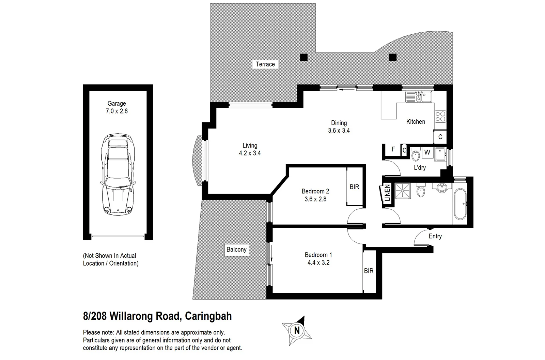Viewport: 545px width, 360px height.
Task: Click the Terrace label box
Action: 265,64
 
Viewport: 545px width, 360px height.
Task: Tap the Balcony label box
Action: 236,250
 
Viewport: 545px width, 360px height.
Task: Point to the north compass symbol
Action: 297,330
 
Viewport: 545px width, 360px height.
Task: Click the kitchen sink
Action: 419,97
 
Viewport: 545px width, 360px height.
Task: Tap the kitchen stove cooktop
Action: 440,117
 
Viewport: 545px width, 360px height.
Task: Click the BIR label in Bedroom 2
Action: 354,187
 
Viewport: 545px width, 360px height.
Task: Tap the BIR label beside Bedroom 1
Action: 369,271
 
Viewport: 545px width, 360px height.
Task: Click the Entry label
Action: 435,236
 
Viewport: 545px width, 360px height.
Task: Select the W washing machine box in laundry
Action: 427,152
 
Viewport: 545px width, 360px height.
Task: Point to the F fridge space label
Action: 393,149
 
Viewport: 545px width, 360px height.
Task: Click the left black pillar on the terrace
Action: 304,57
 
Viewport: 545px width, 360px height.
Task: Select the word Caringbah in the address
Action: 208,316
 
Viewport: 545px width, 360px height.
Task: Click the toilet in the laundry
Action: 416,156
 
